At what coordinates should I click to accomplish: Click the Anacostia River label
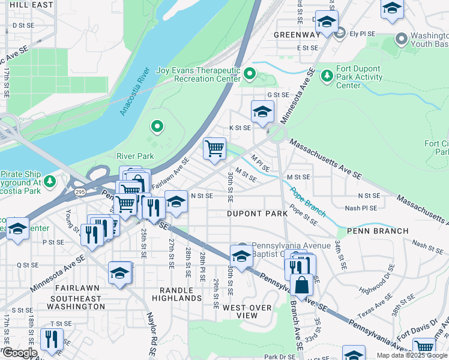(x=134, y=92)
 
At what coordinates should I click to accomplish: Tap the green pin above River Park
(x=157, y=126)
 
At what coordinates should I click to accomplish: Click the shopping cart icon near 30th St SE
(x=214, y=148)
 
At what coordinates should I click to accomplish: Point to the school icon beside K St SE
(x=262, y=112)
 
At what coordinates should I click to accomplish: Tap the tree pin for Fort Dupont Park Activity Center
(x=327, y=76)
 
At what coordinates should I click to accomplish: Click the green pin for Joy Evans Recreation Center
(x=250, y=75)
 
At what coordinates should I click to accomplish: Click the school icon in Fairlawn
(x=120, y=273)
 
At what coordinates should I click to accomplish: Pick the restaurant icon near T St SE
(x=52, y=338)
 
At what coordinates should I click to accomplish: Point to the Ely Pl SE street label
(x=363, y=34)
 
